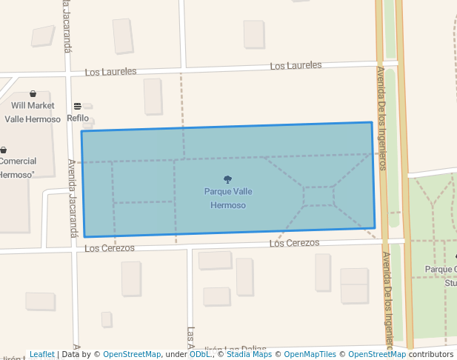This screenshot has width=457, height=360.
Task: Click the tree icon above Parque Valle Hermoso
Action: point(227,179)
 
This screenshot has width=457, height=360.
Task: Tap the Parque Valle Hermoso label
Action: point(227,198)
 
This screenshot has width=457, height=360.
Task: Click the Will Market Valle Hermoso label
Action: point(33,112)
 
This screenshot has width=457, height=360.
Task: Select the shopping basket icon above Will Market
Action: point(33,94)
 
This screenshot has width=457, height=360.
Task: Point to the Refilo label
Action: point(78,119)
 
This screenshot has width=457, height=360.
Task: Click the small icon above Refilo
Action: point(77,107)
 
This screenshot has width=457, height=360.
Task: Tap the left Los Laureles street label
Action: point(110,72)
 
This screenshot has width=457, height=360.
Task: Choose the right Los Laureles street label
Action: point(296,66)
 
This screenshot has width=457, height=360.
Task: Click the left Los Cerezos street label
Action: point(110,248)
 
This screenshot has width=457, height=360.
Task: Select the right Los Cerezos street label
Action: point(294,243)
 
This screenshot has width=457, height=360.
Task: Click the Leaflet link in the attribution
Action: point(41,355)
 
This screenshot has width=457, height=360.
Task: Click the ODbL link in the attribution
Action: point(199,355)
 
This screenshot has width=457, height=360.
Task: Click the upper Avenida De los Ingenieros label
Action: point(382,119)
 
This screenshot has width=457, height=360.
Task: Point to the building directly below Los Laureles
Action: point(153,96)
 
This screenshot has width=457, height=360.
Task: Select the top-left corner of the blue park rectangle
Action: point(81,131)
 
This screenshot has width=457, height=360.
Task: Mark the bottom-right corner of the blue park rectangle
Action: point(375,228)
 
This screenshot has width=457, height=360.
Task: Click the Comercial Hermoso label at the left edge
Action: point(18,167)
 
